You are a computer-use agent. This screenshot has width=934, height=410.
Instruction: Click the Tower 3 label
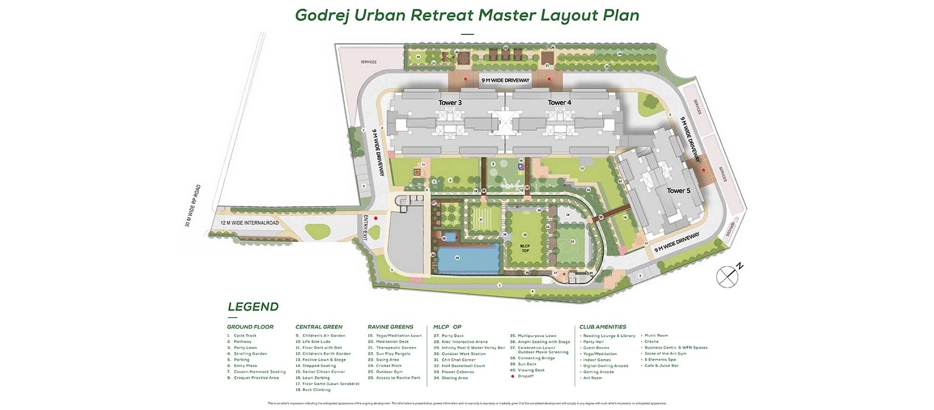point(450,103)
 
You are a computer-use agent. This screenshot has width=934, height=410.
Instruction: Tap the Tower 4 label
point(559,103)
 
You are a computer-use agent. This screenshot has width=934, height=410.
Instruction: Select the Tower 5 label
point(678,191)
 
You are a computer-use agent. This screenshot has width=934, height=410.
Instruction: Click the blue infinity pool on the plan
point(468,260)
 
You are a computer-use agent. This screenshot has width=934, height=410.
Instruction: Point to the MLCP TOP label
point(525,248)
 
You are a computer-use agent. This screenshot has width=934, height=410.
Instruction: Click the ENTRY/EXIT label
point(366,228)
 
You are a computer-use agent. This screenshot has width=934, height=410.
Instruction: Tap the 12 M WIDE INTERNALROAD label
point(249,223)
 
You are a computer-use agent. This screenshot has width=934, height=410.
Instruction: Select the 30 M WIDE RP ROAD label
point(193,206)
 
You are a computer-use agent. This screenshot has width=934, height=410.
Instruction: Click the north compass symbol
point(728,276)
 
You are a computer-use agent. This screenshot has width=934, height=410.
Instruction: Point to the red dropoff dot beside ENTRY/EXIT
point(376,219)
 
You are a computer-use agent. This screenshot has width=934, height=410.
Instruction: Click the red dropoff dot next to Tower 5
point(703,170)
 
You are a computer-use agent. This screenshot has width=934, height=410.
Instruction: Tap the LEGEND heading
point(253,307)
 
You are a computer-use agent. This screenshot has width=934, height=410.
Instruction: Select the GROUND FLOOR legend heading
point(250,327)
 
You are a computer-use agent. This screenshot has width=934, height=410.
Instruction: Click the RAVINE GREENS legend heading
point(390,327)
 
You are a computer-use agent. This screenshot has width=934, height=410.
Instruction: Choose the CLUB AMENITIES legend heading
point(602,327)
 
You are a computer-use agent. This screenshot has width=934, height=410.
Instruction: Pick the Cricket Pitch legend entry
point(388,366)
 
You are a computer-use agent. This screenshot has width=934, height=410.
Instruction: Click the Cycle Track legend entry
point(245,335)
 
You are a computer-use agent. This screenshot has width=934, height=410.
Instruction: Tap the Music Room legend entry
point(656,335)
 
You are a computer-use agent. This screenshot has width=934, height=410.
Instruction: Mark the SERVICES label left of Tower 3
point(368,62)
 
